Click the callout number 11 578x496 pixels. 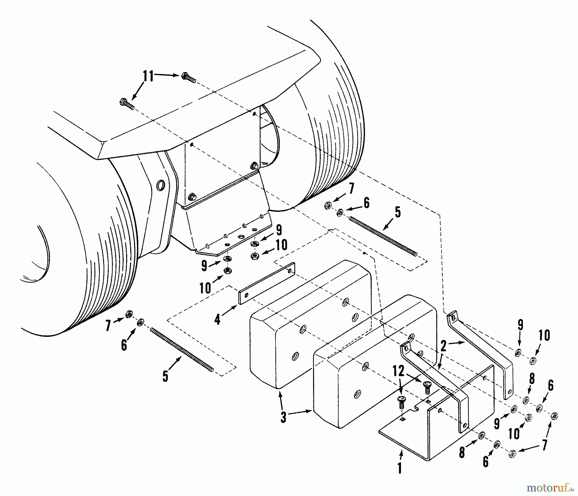[x=148, y=77]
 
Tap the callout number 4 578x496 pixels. [x=218, y=319]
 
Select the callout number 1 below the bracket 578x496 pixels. [x=399, y=468]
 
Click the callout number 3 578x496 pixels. [x=283, y=418]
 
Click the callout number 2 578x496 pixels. [x=443, y=347]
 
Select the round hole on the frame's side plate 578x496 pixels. [x=160, y=185]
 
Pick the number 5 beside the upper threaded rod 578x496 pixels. [x=398, y=212]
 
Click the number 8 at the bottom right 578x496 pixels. [x=462, y=452]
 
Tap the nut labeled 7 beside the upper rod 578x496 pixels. [x=328, y=206]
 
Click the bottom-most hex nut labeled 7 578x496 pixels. [x=512, y=454]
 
